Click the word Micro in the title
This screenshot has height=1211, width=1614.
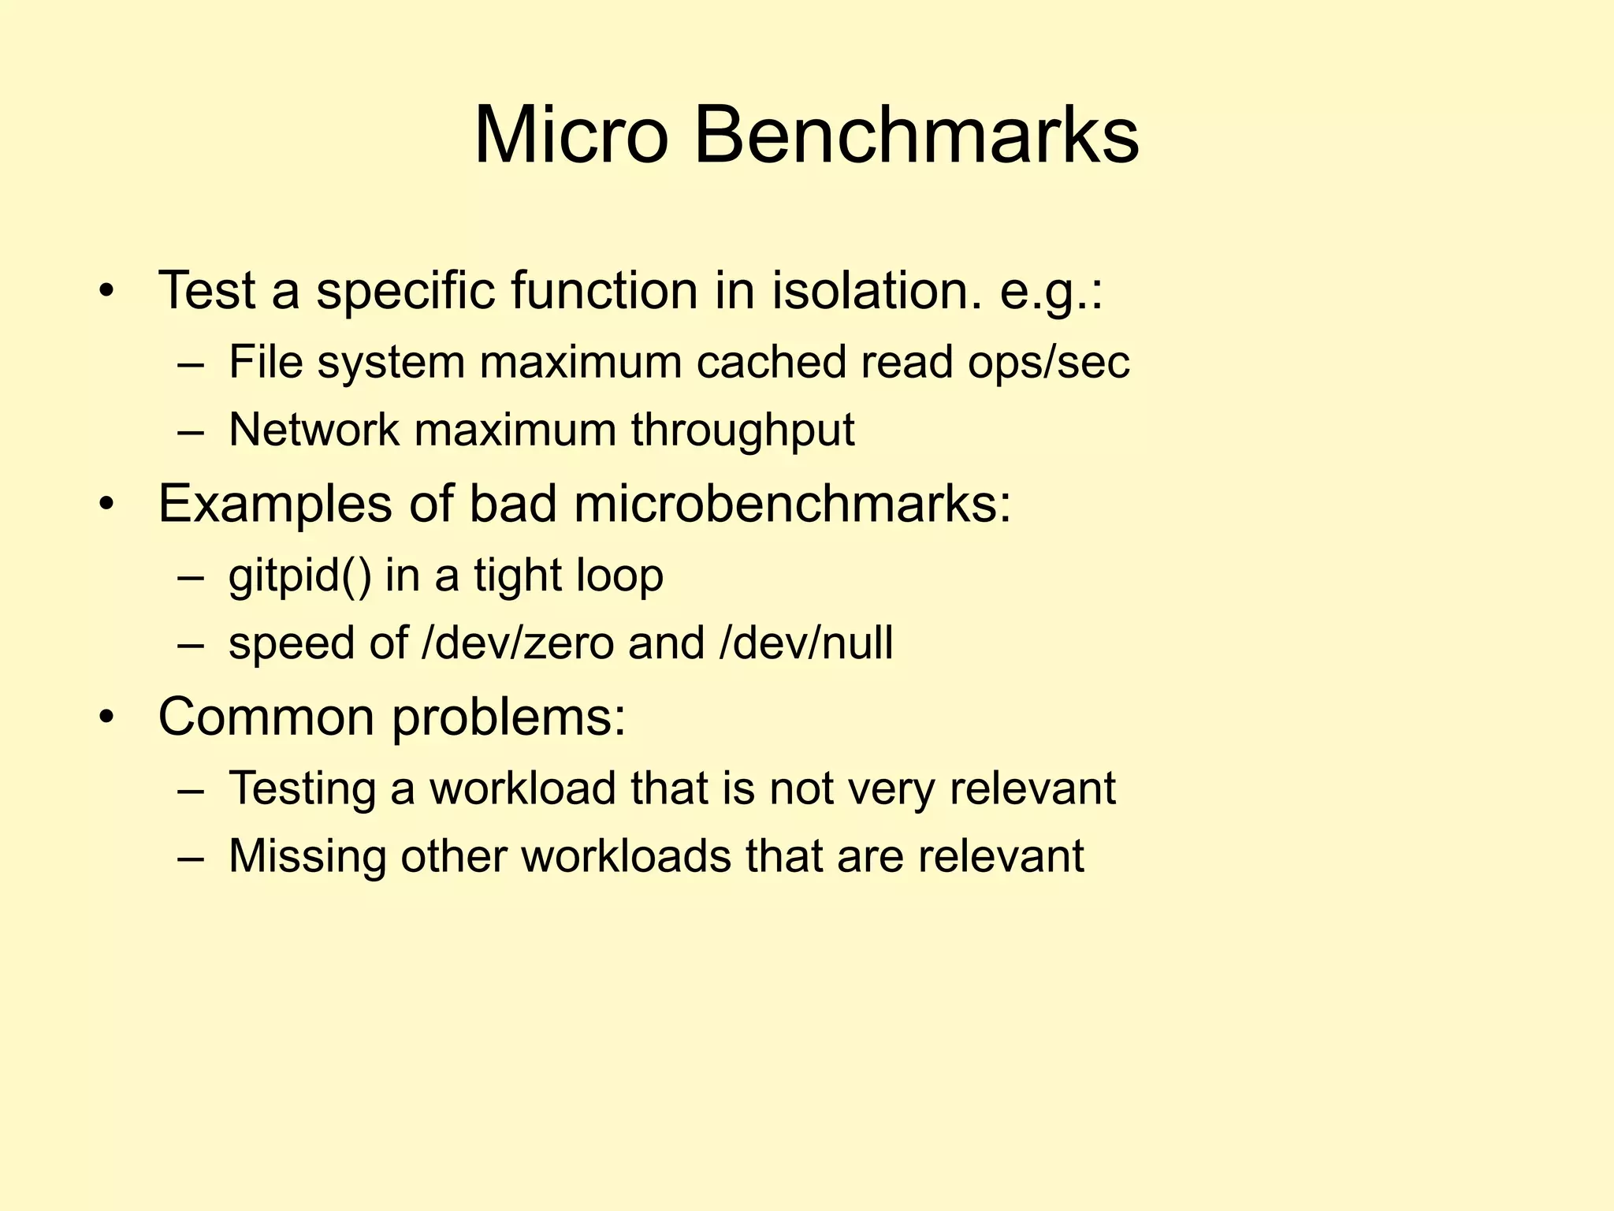click(x=571, y=136)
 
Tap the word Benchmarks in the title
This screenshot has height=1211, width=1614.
click(x=916, y=136)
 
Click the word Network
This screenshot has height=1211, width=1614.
click(x=314, y=430)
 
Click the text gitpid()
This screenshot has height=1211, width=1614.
click(x=299, y=576)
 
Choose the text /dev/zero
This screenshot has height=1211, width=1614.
click(x=518, y=643)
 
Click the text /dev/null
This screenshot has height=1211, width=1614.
click(x=806, y=643)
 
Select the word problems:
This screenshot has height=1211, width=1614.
click(x=509, y=718)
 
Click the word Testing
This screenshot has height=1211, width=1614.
click(x=302, y=789)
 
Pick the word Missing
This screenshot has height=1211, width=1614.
click(x=307, y=856)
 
